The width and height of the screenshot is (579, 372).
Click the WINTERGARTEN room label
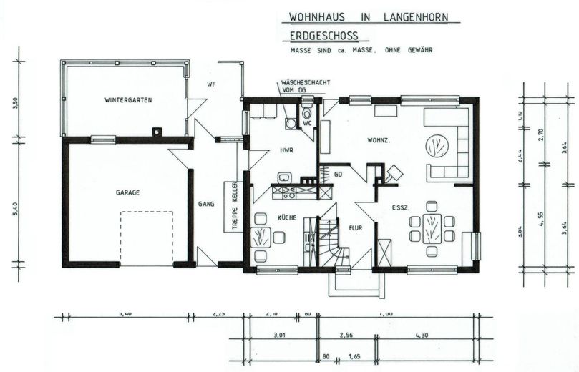click(x=127, y=99)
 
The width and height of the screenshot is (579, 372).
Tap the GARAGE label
click(x=127, y=192)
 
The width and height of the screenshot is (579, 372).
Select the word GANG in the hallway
click(x=206, y=204)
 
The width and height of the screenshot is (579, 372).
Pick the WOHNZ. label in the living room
click(x=378, y=140)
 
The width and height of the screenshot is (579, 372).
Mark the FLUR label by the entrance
click(x=355, y=229)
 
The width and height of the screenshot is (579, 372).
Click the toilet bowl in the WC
click(x=306, y=113)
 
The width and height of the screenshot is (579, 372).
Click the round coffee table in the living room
click(x=434, y=147)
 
